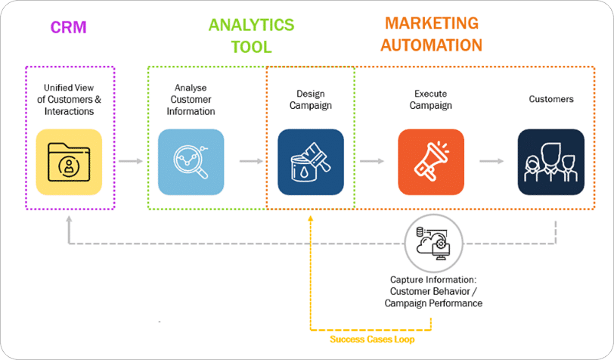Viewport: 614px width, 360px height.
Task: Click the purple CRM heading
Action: (x=69, y=28)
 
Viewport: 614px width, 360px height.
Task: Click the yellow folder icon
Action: (x=69, y=161)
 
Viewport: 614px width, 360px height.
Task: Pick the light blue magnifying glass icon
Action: (x=191, y=161)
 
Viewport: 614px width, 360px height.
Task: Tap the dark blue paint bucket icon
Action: (x=310, y=161)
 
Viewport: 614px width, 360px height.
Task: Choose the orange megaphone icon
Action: (x=431, y=161)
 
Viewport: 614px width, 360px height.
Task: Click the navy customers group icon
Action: (x=550, y=161)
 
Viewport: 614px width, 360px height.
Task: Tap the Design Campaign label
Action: (x=310, y=100)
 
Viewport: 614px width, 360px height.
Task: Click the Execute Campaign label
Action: (x=431, y=100)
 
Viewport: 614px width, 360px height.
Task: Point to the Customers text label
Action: (x=550, y=99)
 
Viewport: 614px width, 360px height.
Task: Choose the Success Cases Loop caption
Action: (x=372, y=340)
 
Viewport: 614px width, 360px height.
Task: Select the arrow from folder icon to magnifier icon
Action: (x=131, y=161)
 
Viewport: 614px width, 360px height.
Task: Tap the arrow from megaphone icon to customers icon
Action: (x=492, y=161)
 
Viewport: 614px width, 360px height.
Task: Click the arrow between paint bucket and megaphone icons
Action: (x=371, y=161)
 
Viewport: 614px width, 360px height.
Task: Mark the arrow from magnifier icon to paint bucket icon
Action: (x=251, y=161)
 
